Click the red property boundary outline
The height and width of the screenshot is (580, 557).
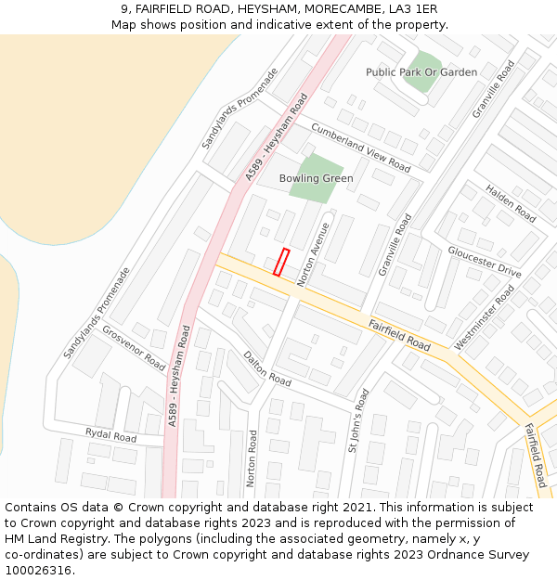tap(281, 262)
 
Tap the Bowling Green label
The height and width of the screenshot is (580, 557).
tap(316, 178)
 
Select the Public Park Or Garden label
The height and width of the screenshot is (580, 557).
tap(421, 72)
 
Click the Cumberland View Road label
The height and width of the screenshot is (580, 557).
tap(360, 147)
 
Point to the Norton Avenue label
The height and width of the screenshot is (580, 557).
tap(313, 253)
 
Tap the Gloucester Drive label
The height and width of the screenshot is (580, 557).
tap(484, 262)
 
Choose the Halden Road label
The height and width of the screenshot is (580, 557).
tap(511, 202)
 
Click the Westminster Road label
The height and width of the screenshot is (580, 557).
tap(484, 317)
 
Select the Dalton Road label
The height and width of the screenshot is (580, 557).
tap(266, 368)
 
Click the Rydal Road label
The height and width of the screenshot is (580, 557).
tap(110, 435)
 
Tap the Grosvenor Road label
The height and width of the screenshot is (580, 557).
tap(133, 348)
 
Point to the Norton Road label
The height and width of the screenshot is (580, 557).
tap(252, 458)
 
